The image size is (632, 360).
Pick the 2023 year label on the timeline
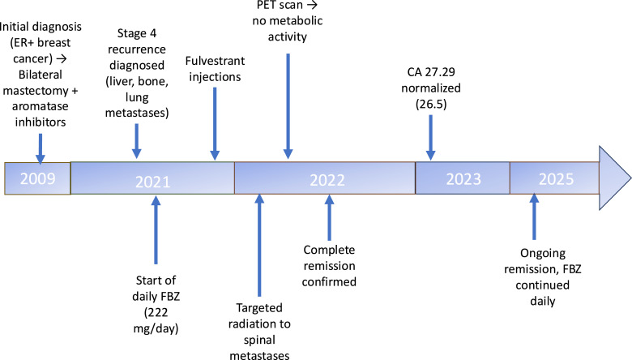(x=462, y=178)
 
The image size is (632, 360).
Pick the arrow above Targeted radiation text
(x=259, y=243)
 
